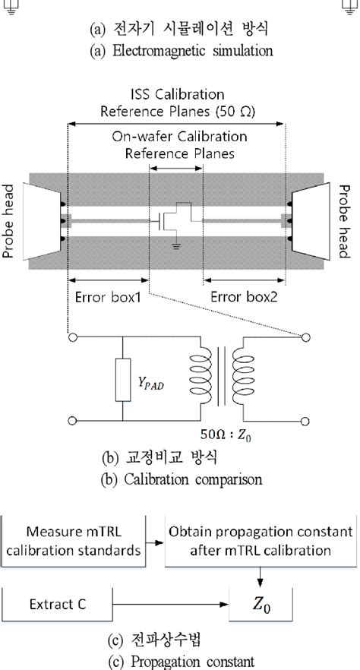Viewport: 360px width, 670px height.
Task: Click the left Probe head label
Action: (x=11, y=220)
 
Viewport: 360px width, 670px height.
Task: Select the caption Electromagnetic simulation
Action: (x=182, y=52)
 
